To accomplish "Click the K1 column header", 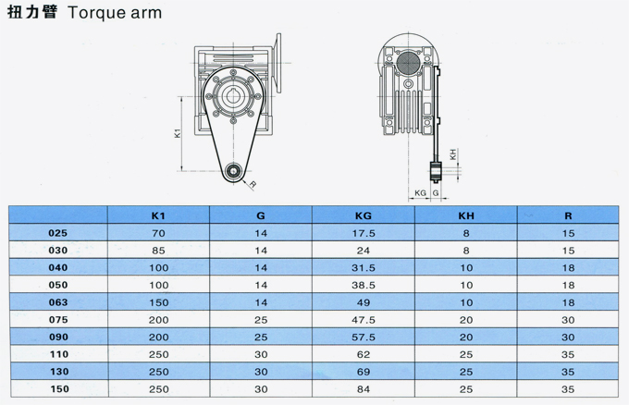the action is [158, 215].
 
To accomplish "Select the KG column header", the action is [364, 215].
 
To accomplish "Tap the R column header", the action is [568, 215].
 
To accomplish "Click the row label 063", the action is [58, 302].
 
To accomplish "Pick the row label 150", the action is [59, 389].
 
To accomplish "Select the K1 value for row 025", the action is [158, 233].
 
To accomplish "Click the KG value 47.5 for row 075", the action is [364, 320].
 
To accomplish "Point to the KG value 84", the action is [364, 389].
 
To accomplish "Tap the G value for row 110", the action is [261, 354].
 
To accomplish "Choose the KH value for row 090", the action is [466, 337].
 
